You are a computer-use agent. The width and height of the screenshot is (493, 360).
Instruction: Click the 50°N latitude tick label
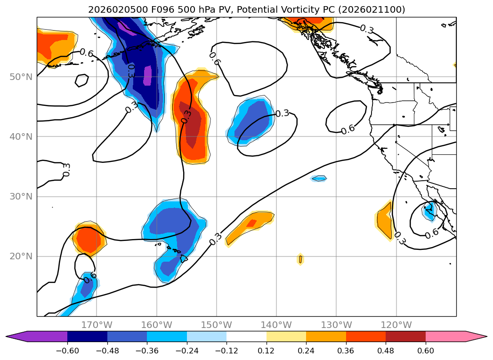coord(21,77)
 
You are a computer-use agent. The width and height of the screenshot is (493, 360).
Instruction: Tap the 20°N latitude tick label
coord(21,256)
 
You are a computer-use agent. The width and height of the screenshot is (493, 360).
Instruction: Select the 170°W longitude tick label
coord(97,325)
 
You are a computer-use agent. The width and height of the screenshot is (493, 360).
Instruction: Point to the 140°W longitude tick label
coord(276,325)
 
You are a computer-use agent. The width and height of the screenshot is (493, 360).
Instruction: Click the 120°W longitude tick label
coord(396,325)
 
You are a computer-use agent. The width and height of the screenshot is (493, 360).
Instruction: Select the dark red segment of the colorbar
coord(405,336)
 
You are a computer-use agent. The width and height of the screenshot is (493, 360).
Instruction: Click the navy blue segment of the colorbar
coord(87,336)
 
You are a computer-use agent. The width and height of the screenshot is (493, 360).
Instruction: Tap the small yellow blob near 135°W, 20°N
coord(300,259)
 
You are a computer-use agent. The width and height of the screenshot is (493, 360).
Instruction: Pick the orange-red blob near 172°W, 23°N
coord(87,239)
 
